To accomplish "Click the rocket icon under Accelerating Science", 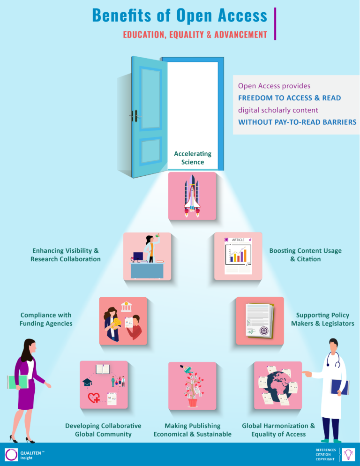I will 192,196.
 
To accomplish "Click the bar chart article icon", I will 238,256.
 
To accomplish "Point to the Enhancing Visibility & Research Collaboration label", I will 66,255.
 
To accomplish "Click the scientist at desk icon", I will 147,256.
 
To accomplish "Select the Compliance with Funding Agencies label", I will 45,319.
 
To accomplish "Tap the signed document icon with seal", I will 260,321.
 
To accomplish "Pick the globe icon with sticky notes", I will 277,385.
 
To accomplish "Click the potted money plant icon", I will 192,385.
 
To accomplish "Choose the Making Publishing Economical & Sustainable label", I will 192,430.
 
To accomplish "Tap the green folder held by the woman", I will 18,382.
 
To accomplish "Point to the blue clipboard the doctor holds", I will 339,387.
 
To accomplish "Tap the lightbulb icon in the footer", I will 348,454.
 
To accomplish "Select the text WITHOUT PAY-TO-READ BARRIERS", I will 297,122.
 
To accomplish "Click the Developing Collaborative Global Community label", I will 103,430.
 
